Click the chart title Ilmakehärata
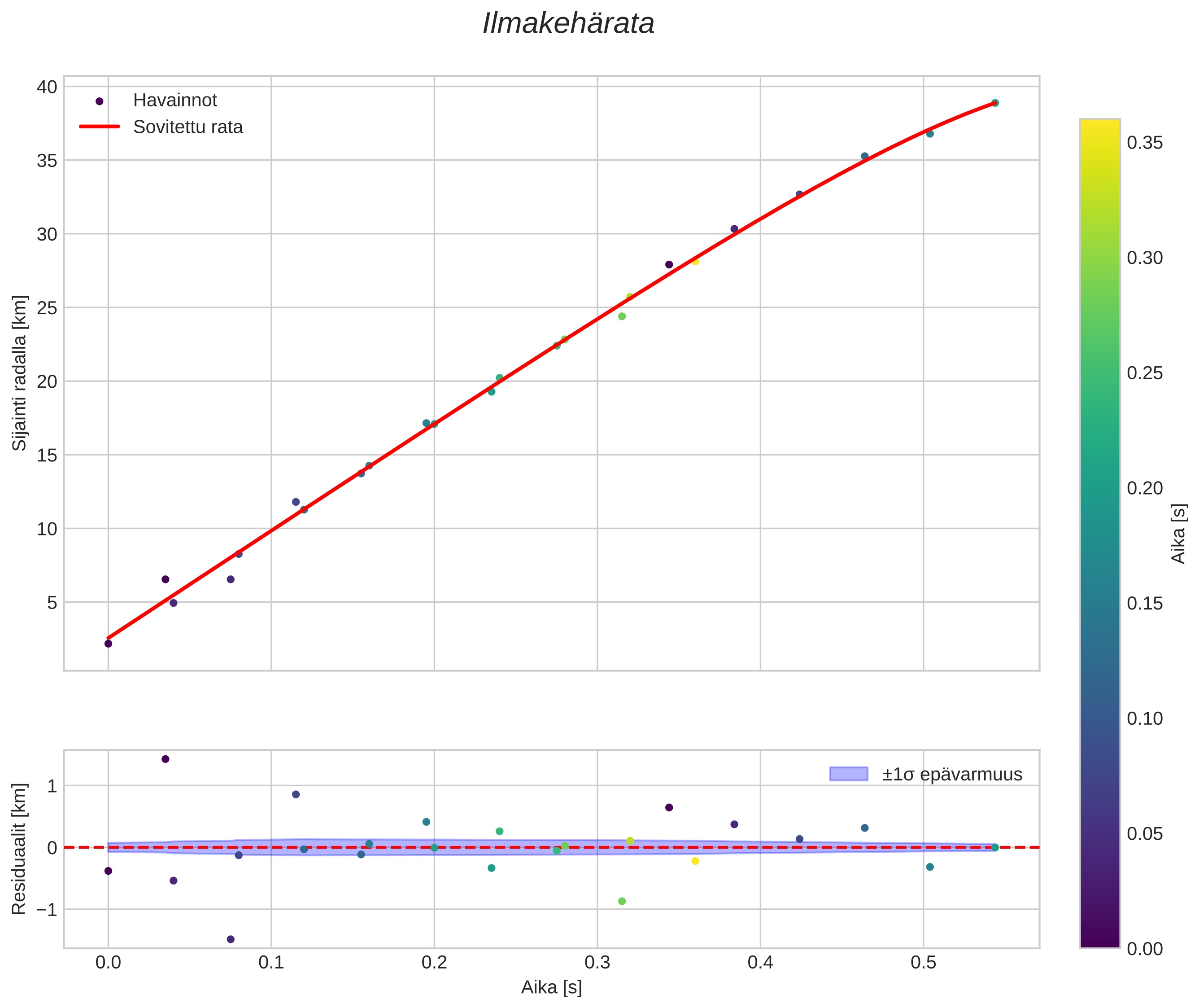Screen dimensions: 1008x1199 568,24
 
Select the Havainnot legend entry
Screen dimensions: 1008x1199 175,101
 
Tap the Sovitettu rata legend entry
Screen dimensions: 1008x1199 188,127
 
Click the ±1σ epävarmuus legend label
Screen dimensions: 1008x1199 952,774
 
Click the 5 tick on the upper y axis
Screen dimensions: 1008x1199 52,602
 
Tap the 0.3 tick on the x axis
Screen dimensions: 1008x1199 597,963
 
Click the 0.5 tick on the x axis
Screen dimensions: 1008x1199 923,963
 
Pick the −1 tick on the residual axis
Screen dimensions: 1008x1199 47,910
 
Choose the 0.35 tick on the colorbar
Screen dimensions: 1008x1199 1145,143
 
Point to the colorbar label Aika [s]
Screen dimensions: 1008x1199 1179,533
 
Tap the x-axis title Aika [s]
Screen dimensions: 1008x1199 551,987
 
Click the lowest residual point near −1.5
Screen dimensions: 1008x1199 231,939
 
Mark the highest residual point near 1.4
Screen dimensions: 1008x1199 166,759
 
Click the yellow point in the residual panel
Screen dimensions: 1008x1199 695,861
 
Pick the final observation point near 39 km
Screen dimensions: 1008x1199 995,103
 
